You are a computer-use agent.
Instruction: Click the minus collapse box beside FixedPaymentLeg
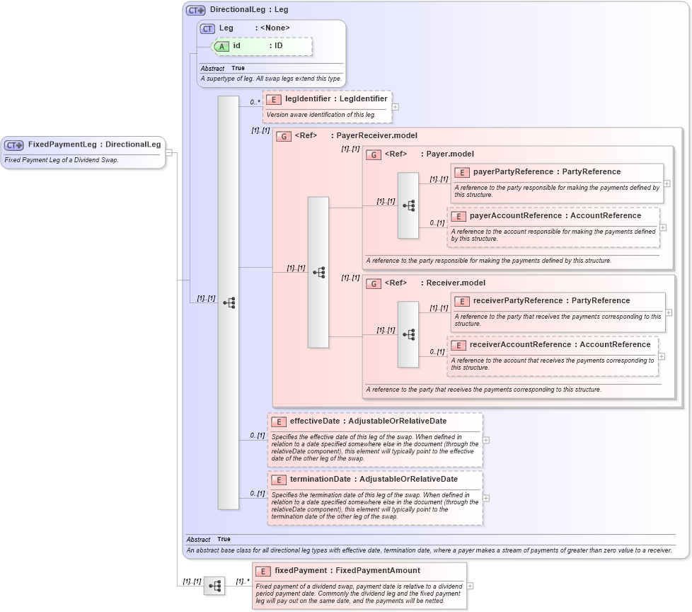point(169,152)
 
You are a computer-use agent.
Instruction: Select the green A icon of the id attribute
point(221,46)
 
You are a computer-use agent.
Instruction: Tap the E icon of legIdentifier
point(273,99)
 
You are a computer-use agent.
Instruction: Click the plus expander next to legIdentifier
point(395,107)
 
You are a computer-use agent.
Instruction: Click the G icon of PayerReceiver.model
point(284,136)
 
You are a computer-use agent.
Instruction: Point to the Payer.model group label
point(449,154)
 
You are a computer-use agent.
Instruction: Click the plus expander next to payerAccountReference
point(662,227)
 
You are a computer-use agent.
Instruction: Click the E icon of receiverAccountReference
point(458,345)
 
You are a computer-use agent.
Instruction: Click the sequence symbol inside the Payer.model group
point(408,205)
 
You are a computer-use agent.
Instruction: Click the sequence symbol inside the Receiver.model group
point(408,334)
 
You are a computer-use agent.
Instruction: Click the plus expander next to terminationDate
point(486,498)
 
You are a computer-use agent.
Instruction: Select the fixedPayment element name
point(308,570)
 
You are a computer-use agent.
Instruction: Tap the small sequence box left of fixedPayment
point(214,586)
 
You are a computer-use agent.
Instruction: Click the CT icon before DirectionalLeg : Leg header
point(195,10)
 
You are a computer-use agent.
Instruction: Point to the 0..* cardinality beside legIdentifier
point(255,102)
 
